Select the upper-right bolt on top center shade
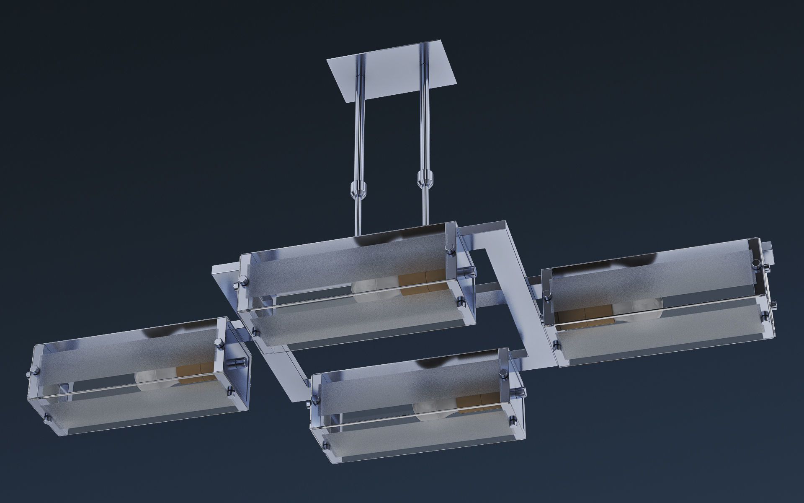[450, 248]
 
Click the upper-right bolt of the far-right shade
[755, 263]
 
